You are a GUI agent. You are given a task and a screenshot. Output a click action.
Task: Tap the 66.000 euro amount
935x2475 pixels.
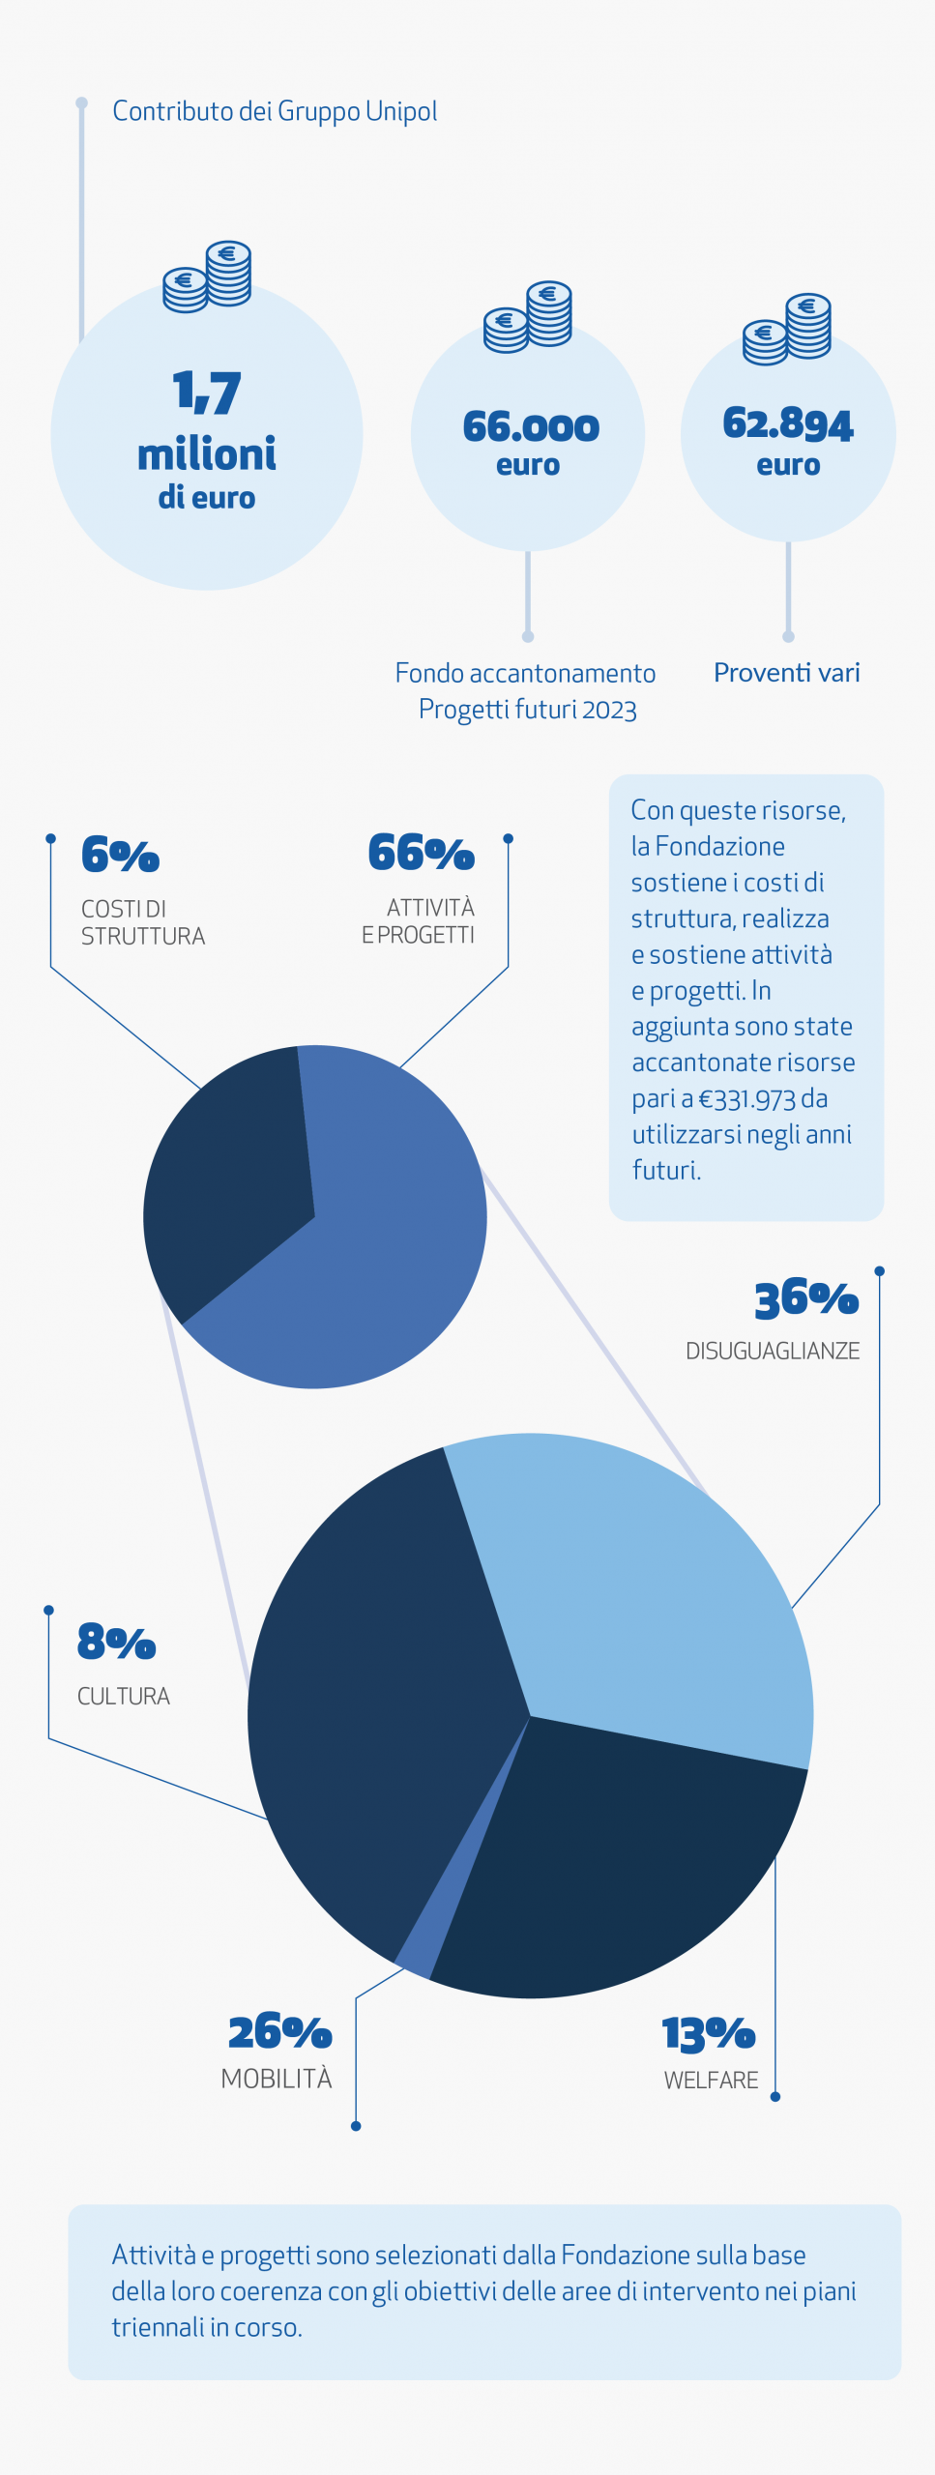[x=530, y=426]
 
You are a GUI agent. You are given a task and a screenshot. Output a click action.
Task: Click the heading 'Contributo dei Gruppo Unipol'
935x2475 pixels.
[x=275, y=111]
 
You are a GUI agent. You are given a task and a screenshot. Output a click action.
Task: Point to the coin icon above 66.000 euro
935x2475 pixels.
[x=528, y=316]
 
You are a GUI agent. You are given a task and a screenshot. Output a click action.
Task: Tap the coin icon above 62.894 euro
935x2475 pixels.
[x=787, y=329]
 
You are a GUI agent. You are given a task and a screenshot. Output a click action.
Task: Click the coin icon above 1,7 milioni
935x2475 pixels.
[x=207, y=277]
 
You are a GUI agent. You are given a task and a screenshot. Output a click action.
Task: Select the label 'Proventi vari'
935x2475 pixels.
[x=786, y=672]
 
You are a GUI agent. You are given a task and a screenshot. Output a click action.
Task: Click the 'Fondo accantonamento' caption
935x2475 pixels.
[x=526, y=673]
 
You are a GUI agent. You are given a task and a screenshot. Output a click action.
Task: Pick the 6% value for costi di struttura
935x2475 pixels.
[x=120, y=855]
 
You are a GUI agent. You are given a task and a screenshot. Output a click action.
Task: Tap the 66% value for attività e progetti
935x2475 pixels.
[x=421, y=853]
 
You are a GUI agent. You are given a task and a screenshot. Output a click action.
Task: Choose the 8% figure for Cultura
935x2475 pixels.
[x=116, y=1642]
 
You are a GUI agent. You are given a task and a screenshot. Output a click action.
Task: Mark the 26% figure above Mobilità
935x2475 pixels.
[x=279, y=2032]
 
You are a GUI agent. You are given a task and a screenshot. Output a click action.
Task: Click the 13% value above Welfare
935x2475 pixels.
[x=708, y=2034]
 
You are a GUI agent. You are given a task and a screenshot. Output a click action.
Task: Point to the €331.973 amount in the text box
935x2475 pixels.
[x=746, y=1099]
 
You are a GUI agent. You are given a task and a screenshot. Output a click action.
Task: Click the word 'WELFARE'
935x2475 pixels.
[x=711, y=2080]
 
